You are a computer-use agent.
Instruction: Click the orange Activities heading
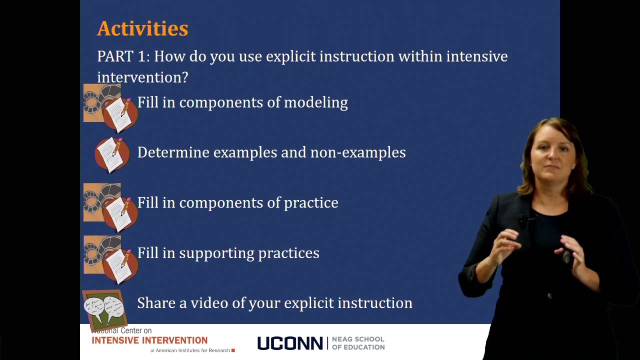coord(142,29)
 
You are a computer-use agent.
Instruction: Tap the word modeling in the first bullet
coord(315,102)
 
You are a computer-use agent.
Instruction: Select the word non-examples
coord(358,152)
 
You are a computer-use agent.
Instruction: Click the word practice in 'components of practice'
coord(311,203)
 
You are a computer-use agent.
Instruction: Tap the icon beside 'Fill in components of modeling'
coord(110,107)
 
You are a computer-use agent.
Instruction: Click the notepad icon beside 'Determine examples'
coord(112,154)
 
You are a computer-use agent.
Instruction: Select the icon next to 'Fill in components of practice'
coord(110,207)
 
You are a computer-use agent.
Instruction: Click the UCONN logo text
coord(289,343)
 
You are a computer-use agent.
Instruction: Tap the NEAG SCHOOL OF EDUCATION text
coord(358,343)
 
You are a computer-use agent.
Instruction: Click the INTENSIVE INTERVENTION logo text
coord(149,340)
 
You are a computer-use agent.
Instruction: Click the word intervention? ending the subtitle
coord(142,77)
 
